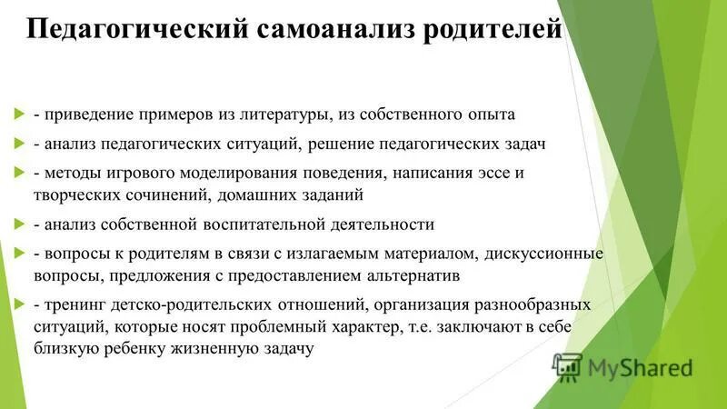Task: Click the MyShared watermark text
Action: [x=640, y=368]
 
